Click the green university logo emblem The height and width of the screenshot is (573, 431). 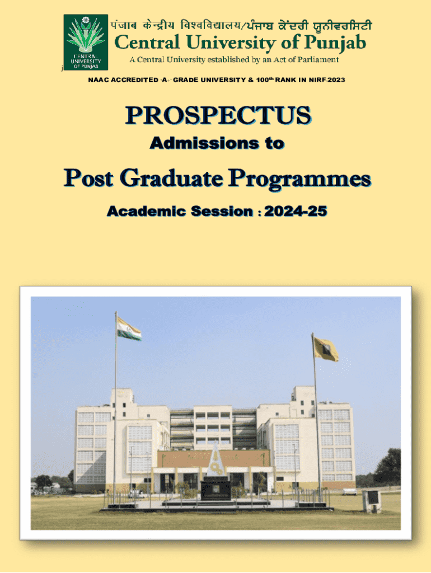[x=86, y=42]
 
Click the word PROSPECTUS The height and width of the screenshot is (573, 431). [x=218, y=115]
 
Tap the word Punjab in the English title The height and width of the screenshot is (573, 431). [x=335, y=43]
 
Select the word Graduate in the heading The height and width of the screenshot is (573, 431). [x=171, y=179]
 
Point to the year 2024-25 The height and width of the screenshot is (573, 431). [x=296, y=211]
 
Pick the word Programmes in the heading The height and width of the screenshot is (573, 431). [x=300, y=180]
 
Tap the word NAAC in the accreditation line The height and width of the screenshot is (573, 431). [x=99, y=80]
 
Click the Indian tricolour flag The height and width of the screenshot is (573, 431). [x=129, y=328]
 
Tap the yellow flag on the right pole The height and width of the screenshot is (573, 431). [x=325, y=349]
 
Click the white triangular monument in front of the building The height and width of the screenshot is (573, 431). [x=215, y=461]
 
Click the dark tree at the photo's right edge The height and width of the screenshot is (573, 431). [x=387, y=467]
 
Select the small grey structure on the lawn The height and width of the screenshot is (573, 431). [x=372, y=501]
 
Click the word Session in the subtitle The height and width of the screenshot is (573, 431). [x=222, y=211]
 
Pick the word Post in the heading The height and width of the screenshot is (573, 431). [x=88, y=179]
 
